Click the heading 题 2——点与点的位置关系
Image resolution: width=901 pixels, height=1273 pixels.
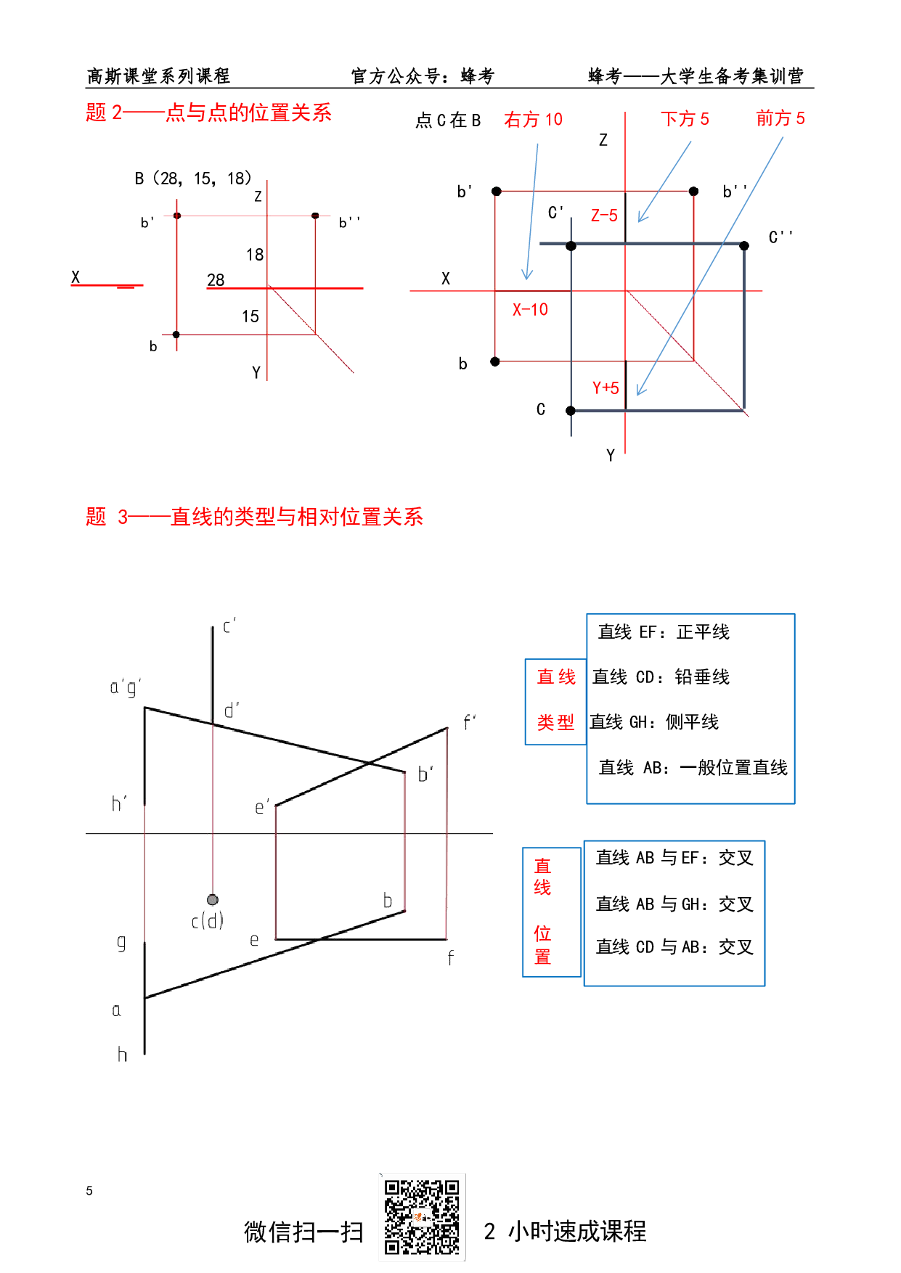(208, 113)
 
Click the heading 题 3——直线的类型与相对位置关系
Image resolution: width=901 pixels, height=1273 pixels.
(254, 517)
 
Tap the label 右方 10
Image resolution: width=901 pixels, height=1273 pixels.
(533, 120)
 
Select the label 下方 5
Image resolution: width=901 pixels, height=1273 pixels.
(684, 119)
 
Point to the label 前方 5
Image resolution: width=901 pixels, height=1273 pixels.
(780, 118)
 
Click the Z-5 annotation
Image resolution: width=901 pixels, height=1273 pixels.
(604, 216)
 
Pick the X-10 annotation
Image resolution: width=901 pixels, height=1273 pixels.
(530, 310)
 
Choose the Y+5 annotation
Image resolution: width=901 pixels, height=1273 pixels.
(606, 388)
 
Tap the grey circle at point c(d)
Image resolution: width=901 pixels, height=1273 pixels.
(212, 900)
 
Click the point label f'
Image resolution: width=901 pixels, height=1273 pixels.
(470, 722)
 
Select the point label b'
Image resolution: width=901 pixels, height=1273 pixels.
(426, 774)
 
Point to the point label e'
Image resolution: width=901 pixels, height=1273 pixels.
(262, 807)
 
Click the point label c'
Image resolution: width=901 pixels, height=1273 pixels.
(229, 626)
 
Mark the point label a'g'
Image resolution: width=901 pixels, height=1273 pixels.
(125, 687)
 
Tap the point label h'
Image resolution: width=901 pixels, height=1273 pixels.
(119, 803)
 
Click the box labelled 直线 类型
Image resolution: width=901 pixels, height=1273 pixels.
(555, 701)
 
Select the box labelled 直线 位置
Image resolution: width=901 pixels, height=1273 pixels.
(552, 912)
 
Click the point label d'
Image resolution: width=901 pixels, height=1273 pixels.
(232, 711)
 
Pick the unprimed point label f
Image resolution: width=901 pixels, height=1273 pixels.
(451, 958)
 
